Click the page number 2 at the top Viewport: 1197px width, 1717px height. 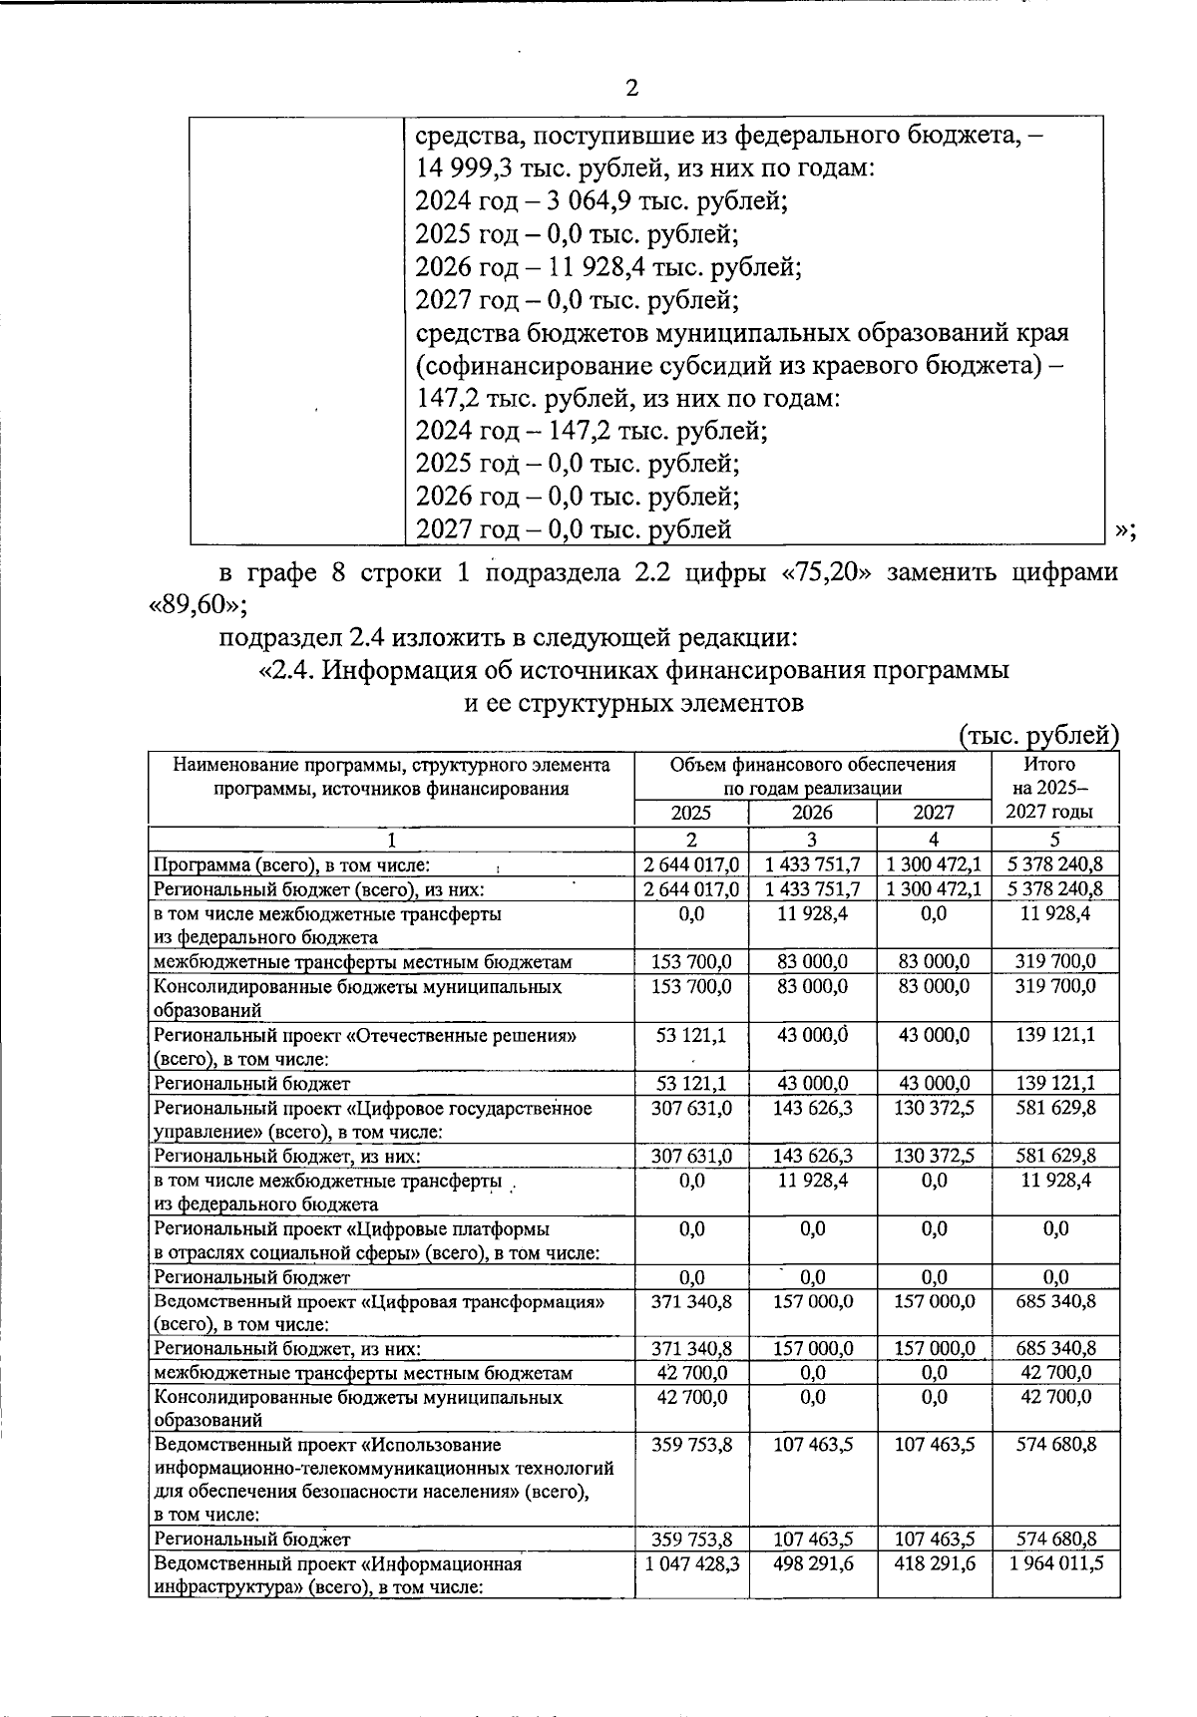tap(630, 89)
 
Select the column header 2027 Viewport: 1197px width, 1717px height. tap(934, 813)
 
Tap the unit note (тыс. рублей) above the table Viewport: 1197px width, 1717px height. tap(1038, 736)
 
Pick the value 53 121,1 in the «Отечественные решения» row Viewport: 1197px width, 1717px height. tap(690, 1035)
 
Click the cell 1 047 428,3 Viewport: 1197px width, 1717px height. tap(690, 1563)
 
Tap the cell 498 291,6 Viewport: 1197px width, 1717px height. tap(812, 1563)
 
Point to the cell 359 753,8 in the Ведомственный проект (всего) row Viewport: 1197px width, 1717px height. tap(690, 1444)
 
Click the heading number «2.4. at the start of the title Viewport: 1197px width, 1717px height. tap(287, 671)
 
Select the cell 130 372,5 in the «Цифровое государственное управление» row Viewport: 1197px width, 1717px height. tap(934, 1108)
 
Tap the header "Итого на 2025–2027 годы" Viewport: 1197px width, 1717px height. tap(1054, 788)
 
